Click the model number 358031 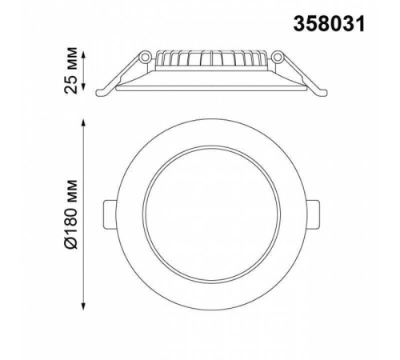point(329,23)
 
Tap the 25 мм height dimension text point(71,70)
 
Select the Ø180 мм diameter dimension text point(71,215)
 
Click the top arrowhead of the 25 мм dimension point(83,54)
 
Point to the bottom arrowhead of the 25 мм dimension point(83,86)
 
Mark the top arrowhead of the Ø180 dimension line point(83,122)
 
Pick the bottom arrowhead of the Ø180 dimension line point(83,306)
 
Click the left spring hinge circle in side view point(146,57)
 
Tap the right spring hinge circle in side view point(278,57)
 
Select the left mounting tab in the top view point(110,214)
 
